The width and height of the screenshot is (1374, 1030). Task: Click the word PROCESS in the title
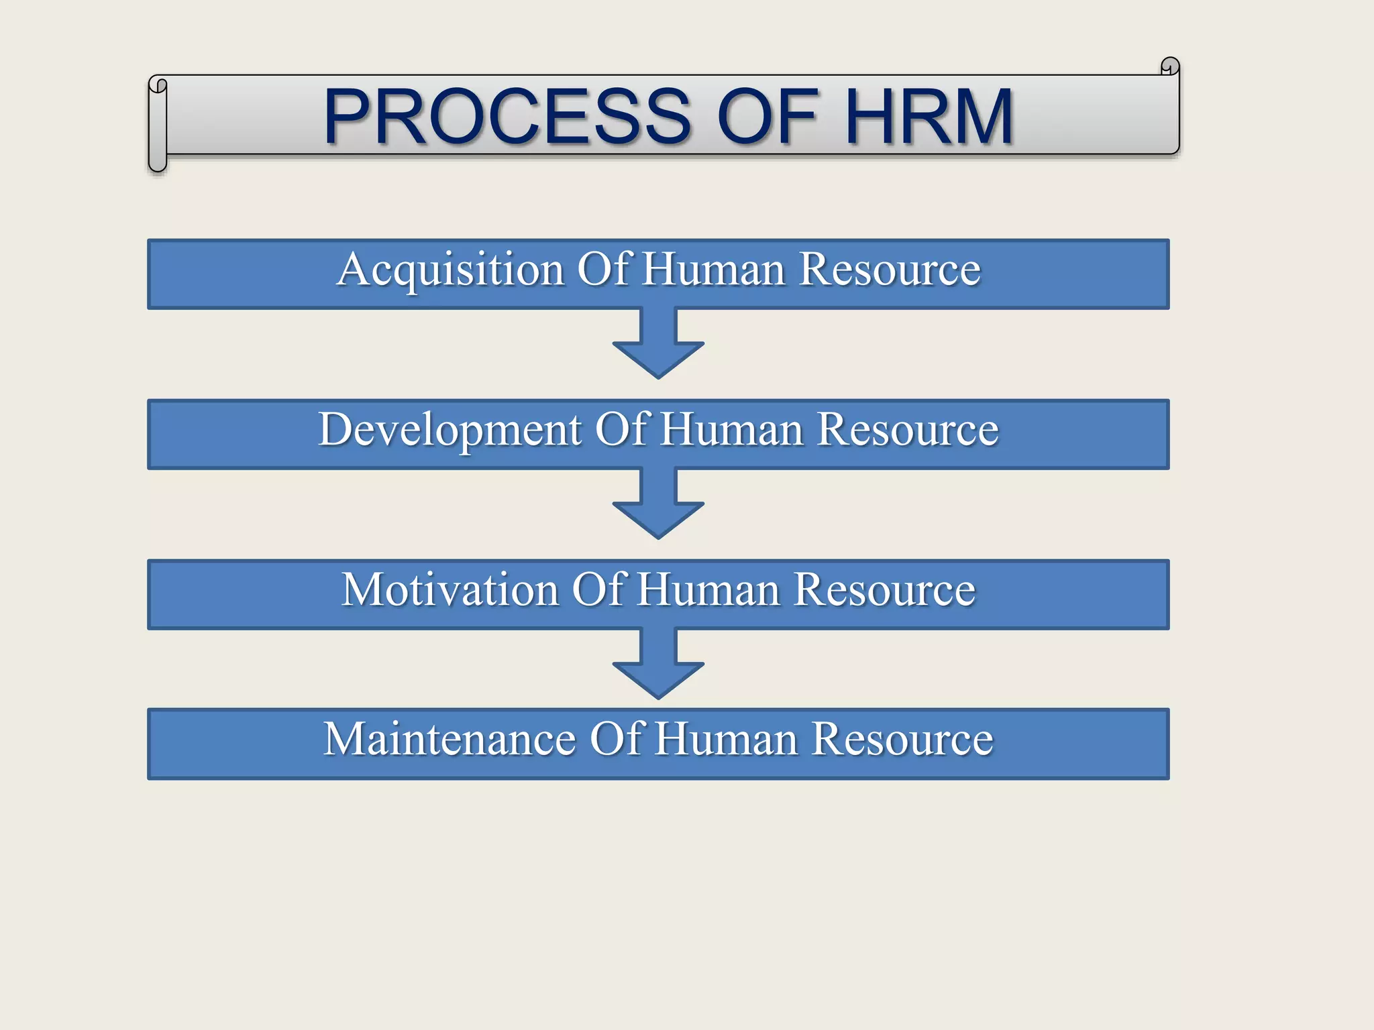507,117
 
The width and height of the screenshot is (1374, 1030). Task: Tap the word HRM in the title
929,117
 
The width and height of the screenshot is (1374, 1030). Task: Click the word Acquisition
450,270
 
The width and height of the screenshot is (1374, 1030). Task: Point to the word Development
450,430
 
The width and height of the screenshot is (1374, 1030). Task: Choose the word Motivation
450,590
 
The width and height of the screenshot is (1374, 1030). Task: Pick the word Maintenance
450,739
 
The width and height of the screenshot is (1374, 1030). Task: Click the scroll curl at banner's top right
1169,66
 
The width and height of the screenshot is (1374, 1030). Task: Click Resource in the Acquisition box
890,270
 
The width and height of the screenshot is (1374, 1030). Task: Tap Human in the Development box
732,430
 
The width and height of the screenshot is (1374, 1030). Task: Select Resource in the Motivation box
885,590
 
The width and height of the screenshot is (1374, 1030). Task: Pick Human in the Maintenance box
727,739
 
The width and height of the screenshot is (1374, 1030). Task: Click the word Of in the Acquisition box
604,270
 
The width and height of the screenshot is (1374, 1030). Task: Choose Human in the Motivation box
708,590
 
